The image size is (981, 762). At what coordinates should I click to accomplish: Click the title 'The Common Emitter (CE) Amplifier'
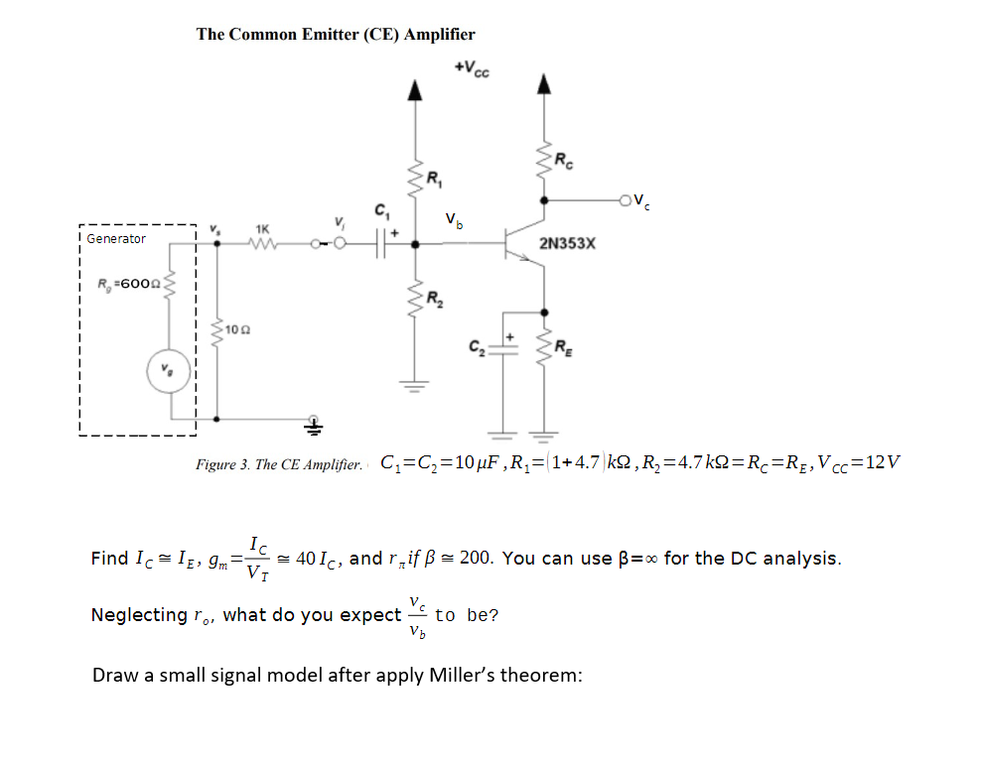[x=336, y=34]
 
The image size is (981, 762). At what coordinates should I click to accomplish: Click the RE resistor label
[x=563, y=346]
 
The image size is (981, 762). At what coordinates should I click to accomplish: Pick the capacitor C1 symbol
[x=381, y=242]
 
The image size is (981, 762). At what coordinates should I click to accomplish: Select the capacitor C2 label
[x=478, y=347]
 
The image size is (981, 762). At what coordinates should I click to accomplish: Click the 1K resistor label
[x=262, y=227]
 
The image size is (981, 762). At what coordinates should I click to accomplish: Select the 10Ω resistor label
[x=234, y=328]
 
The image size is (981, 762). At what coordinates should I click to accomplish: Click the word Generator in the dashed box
[x=115, y=239]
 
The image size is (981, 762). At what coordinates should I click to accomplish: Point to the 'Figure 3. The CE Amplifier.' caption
[x=279, y=464]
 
